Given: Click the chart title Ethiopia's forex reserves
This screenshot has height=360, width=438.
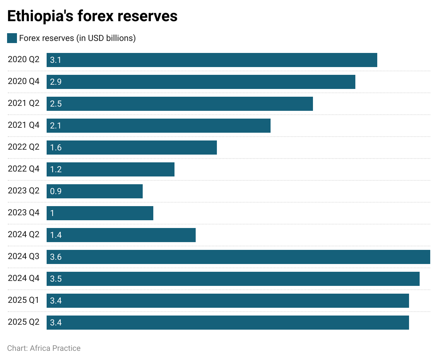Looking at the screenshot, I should coord(92,16).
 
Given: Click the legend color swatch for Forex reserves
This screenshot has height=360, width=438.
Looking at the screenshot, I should coord(12,38).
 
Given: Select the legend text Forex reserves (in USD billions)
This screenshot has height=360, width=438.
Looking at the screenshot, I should coord(77,38).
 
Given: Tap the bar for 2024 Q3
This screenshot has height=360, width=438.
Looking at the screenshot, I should coord(238,257).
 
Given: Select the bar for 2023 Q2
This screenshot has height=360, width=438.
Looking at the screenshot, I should coord(95,191).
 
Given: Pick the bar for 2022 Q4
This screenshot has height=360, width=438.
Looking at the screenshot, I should coord(111,169).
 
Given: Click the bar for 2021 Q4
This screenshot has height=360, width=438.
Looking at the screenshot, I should coord(159,126).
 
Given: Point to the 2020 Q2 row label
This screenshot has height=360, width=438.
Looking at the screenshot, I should coord(24,59).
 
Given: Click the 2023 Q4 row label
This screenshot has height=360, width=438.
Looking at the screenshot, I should coord(24,212).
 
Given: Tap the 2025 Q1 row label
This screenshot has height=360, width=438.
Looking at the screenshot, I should coord(24,300).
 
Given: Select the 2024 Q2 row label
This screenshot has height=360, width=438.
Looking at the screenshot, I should coord(24,234).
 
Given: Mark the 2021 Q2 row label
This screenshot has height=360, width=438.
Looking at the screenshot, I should coord(24,103).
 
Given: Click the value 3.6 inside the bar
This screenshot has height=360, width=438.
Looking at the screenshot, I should coord(56,257).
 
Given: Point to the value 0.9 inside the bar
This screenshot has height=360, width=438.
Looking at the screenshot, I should coord(56,191).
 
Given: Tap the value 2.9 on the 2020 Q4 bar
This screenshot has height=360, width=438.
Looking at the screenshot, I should coord(56,82).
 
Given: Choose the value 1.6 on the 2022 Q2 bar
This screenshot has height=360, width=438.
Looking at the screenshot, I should coord(56,148).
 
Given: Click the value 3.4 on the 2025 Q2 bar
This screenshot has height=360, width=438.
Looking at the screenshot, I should coord(56,323).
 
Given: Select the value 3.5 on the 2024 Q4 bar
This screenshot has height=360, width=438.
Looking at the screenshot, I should coord(56,279).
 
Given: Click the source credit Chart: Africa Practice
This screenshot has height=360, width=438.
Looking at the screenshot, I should coord(44,348).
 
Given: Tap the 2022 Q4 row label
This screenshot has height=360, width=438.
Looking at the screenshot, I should coord(24,169).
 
